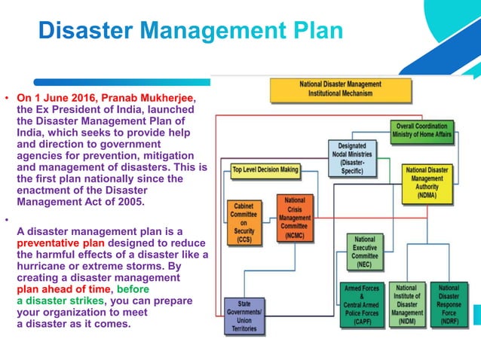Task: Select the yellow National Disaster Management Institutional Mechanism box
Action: point(340,89)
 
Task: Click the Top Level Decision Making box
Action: point(265,169)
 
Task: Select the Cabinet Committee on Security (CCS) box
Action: point(245,223)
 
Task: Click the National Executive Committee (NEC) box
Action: point(365,251)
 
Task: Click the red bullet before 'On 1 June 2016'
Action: point(6,99)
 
